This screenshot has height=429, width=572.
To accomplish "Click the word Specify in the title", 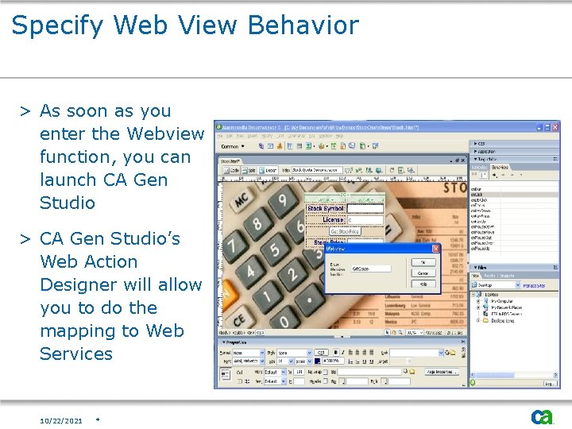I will click(57, 26).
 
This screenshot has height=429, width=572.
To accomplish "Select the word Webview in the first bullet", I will click(165, 133).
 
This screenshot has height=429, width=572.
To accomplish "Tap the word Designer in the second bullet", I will click(81, 284).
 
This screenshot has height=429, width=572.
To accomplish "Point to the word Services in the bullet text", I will click(76, 354).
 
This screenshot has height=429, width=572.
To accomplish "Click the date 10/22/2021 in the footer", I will click(61, 420).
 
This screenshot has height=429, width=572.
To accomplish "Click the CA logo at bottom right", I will click(542, 417).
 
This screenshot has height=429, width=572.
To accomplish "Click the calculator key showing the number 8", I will click(257, 224).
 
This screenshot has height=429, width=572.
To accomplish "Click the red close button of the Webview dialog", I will click(435, 249).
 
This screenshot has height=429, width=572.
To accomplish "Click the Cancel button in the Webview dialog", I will click(423, 272).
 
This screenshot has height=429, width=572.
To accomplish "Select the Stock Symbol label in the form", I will click(326, 209).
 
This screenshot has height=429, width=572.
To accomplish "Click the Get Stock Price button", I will click(346, 231).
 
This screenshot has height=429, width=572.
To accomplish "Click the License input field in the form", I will click(365, 220).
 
